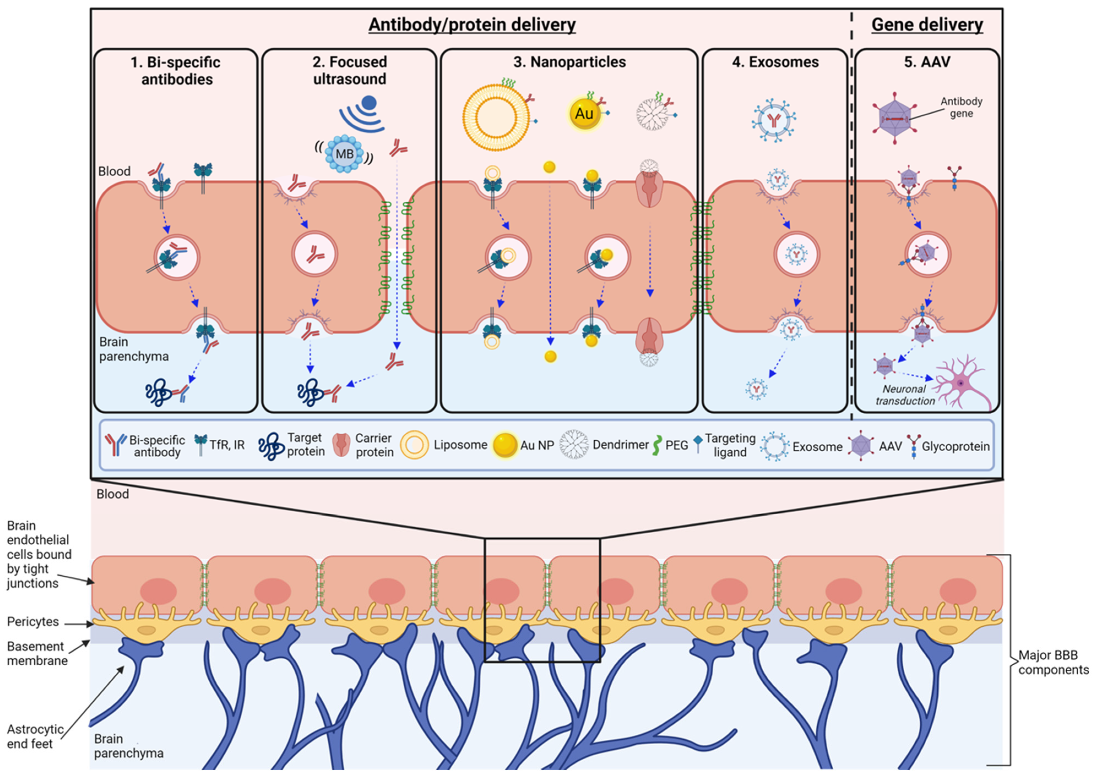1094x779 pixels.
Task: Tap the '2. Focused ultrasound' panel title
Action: [350, 70]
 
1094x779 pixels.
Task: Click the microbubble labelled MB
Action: [344, 154]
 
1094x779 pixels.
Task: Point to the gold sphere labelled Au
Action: [584, 114]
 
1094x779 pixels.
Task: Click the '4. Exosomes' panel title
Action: [775, 62]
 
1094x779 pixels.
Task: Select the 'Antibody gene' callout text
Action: [961, 107]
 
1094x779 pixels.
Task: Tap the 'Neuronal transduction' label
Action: [905, 395]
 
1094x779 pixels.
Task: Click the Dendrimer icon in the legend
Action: [574, 445]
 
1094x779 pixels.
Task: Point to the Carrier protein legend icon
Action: [341, 445]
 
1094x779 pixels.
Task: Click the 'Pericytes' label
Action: [33, 622]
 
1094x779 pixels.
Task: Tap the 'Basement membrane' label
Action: [37, 653]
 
